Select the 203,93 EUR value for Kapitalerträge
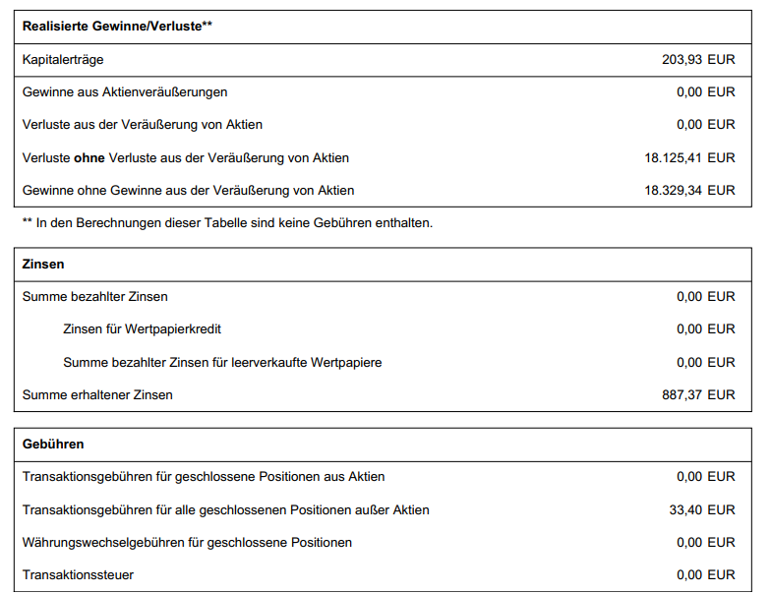pyautogui.click(x=698, y=60)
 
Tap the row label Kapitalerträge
pyautogui.click(x=63, y=60)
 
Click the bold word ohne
pyautogui.click(x=89, y=157)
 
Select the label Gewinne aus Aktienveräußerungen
pyautogui.click(x=125, y=92)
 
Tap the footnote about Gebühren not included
pyautogui.click(x=227, y=223)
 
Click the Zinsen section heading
pyautogui.click(x=43, y=265)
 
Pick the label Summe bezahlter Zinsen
pyautogui.click(x=95, y=296)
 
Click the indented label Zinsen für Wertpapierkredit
pyautogui.click(x=148, y=329)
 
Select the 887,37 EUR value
pyautogui.click(x=698, y=394)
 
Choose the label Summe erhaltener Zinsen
pyautogui.click(x=97, y=394)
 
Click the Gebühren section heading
pyautogui.click(x=53, y=444)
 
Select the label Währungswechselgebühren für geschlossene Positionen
pyautogui.click(x=187, y=542)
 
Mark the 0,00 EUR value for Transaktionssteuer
pyautogui.click(x=705, y=574)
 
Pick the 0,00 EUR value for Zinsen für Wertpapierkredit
pyautogui.click(x=705, y=329)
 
